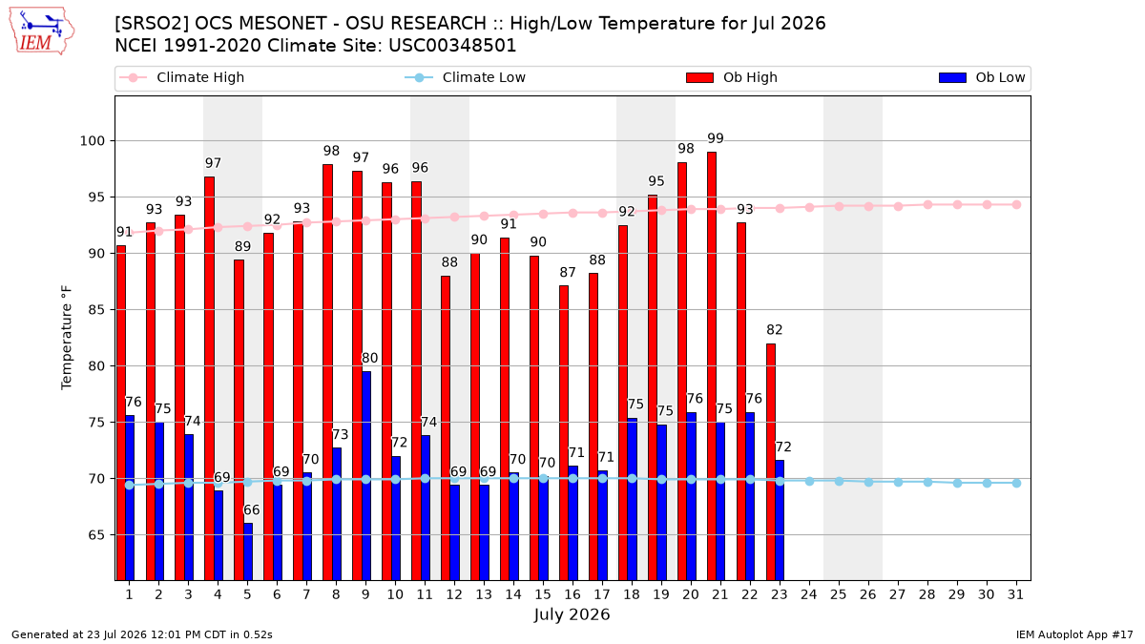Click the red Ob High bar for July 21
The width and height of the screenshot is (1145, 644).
tap(712, 366)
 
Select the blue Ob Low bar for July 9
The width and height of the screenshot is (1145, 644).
tap(366, 476)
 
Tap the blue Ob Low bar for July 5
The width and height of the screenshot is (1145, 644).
tap(248, 551)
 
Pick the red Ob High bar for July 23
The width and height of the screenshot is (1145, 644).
tap(771, 462)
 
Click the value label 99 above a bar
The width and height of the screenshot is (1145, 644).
tap(716, 138)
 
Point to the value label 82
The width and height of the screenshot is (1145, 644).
tap(775, 330)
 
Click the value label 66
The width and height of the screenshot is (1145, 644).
tap(252, 510)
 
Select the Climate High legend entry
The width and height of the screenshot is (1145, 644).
tap(182, 77)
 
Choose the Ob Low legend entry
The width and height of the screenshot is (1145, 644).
tap(982, 77)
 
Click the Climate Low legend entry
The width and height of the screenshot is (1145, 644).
tap(466, 77)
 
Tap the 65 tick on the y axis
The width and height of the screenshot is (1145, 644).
tap(96, 535)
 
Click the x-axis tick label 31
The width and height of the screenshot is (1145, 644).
tap(1015, 594)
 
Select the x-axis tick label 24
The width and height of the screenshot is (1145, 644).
tap(809, 594)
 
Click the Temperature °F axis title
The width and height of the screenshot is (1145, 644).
tap(67, 338)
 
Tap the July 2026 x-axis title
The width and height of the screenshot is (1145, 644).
tap(572, 614)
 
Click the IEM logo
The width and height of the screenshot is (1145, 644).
tap(42, 31)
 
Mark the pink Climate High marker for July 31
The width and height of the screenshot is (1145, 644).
tap(1016, 205)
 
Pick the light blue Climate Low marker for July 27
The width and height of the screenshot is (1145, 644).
tap(898, 482)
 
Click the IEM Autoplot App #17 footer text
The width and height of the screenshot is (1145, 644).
tap(1074, 634)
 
